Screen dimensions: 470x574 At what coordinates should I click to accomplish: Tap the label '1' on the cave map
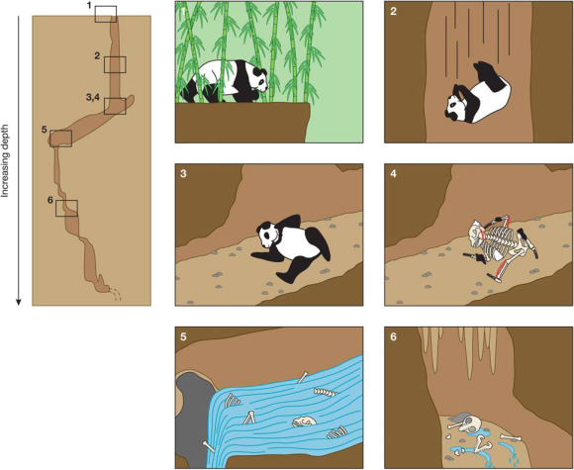point(89,7)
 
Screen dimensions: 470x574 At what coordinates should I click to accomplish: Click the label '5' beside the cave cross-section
point(44,128)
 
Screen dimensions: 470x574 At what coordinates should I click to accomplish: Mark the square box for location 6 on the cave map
point(66,208)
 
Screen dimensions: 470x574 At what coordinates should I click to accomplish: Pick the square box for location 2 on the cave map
point(115,65)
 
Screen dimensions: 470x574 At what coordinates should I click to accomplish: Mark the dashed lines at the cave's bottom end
point(116,293)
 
